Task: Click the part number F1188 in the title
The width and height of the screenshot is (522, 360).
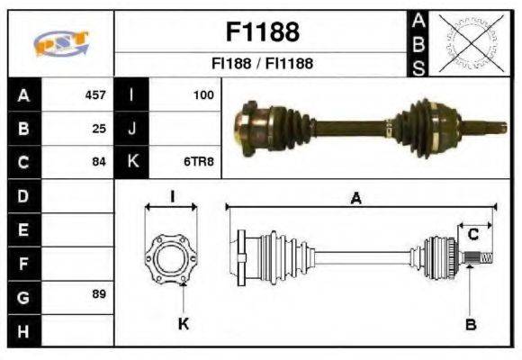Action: pyautogui.click(x=261, y=32)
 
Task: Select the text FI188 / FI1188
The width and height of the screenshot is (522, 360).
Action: pyautogui.click(x=261, y=65)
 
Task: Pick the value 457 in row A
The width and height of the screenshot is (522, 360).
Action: pyautogui.click(x=95, y=94)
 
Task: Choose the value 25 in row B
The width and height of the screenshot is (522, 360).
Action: pyautogui.click(x=99, y=129)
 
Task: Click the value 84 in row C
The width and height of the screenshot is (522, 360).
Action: pyautogui.click(x=99, y=162)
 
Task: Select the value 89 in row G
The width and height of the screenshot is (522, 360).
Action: pyautogui.click(x=99, y=295)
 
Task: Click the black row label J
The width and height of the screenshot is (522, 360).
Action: pyautogui.click(x=131, y=129)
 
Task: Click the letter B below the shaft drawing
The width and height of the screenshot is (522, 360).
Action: pyautogui.click(x=470, y=325)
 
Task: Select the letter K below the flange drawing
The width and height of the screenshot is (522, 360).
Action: pyautogui.click(x=183, y=325)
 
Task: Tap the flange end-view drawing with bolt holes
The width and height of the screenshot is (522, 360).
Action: pyautogui.click(x=171, y=257)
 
